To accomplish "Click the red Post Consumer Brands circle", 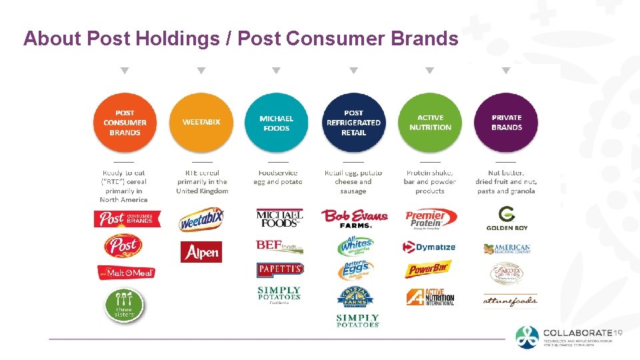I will (125, 123).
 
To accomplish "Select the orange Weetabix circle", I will (201, 123).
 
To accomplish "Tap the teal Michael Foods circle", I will (277, 123).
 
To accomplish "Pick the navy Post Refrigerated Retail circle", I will (353, 123).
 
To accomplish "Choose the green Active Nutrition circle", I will (430, 123).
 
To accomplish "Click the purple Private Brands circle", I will (507, 123).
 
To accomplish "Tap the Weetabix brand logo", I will (201, 219).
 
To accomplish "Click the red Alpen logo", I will (201, 252).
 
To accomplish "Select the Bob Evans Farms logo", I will (353, 218).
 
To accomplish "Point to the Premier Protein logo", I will (431, 218).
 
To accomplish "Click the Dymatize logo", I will (429, 247).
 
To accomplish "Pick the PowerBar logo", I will (429, 270).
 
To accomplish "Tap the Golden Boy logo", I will (507, 218).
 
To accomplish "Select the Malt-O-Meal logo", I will (126, 272).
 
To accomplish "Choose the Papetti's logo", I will (280, 269).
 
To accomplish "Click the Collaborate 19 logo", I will (570, 337).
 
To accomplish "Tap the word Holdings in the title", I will (178, 39).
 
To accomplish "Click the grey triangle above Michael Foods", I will (277, 71).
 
